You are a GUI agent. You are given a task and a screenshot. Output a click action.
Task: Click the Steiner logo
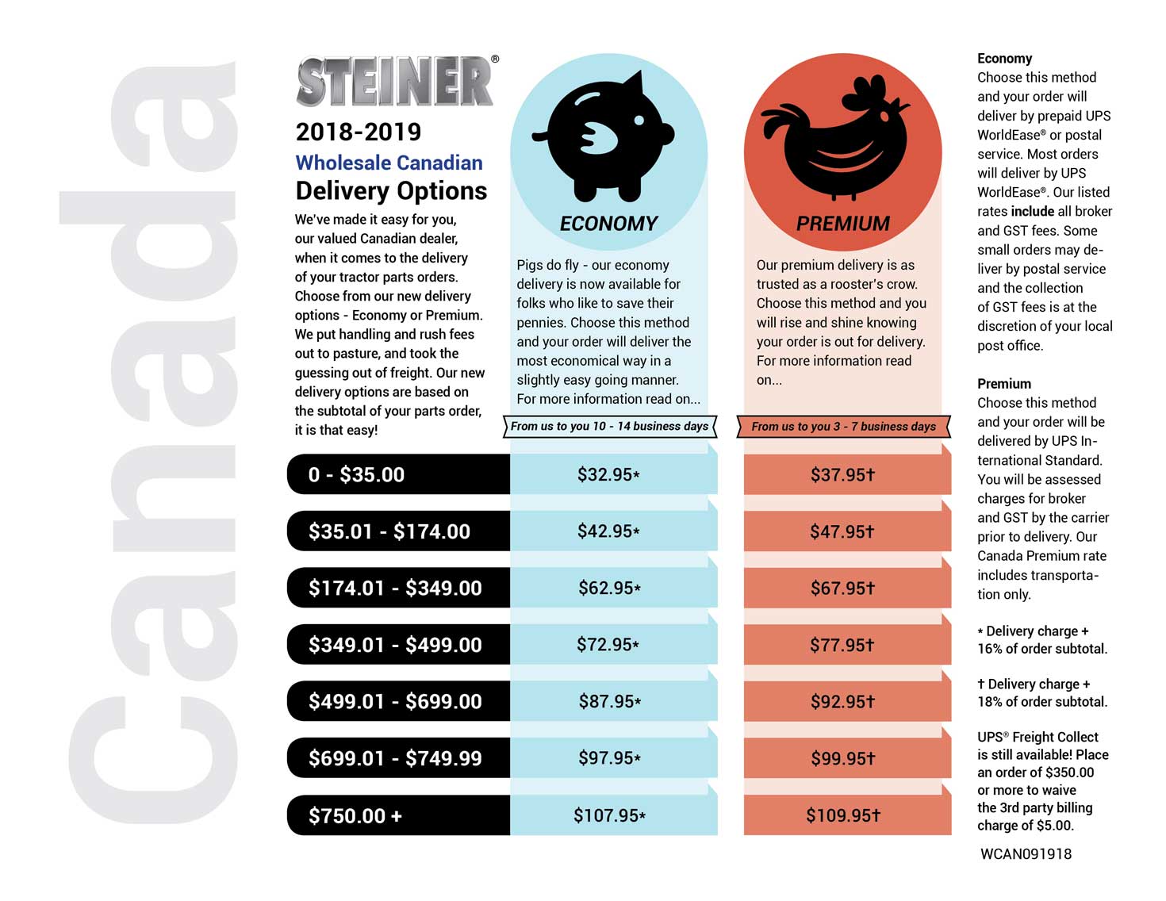point(395,82)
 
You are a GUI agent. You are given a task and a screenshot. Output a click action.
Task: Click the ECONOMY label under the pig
point(608,224)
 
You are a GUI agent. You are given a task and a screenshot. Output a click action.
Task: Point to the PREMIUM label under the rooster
point(842,224)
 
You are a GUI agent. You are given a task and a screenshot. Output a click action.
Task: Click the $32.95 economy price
point(608,474)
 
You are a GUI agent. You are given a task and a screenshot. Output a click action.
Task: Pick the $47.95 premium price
point(842,531)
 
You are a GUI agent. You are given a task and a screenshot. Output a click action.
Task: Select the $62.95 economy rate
point(608,588)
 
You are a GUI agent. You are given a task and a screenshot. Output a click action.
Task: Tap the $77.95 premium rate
point(842,645)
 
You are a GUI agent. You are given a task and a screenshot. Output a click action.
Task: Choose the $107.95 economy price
point(608,815)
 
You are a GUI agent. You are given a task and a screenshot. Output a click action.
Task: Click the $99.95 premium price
point(842,758)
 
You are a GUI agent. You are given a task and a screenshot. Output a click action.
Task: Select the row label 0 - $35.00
point(356,474)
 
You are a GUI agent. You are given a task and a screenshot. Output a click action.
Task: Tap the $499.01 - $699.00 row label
point(395,701)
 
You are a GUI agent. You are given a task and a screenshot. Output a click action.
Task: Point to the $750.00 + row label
point(355,815)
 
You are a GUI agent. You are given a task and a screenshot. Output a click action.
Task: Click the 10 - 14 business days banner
point(609,426)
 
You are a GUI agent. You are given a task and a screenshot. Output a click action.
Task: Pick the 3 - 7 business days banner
point(843,426)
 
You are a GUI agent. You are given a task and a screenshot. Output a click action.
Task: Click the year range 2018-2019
point(358,132)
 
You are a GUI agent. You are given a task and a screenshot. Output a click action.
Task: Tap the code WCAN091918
point(1026,854)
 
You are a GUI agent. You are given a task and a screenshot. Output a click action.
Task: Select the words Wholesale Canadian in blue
point(389,163)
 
